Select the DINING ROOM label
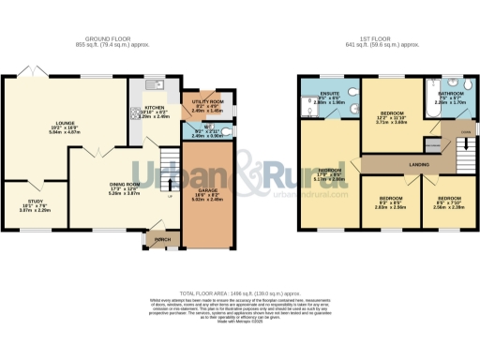125,185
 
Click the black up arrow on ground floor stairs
170,197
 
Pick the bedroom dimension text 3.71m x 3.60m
390,121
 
